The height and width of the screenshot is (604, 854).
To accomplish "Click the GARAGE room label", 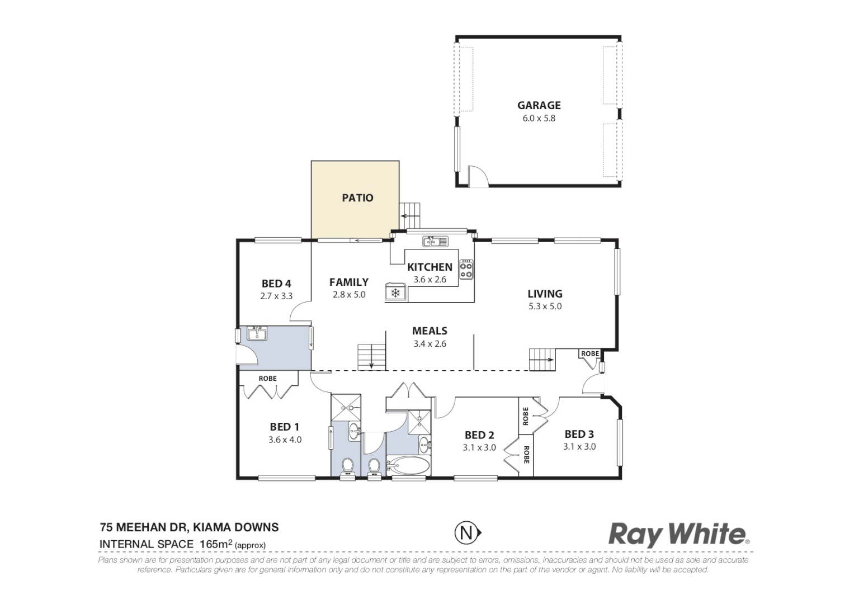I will click(x=539, y=105).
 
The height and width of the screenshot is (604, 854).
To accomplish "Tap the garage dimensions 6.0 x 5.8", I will click(x=539, y=119).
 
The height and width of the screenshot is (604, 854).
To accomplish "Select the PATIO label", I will click(x=357, y=198).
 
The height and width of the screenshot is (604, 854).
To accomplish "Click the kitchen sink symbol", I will click(x=435, y=242).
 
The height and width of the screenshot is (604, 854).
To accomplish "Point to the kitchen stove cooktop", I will click(x=466, y=270).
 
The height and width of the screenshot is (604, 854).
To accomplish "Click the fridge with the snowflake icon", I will click(x=395, y=292).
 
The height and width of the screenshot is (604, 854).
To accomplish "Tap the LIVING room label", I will click(x=545, y=294).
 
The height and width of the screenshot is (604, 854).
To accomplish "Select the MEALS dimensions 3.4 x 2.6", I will click(x=430, y=344).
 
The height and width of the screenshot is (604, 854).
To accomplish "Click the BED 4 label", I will click(x=276, y=284).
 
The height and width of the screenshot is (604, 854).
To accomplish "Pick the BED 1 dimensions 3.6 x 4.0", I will click(x=285, y=440).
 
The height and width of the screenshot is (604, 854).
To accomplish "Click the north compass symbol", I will click(x=466, y=532).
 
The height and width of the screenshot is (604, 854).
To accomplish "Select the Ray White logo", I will click(x=678, y=534).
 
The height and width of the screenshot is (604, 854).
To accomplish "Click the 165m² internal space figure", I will click(x=215, y=544).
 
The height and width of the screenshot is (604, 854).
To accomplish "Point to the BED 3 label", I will click(x=579, y=434).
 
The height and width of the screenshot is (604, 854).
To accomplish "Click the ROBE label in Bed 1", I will click(x=267, y=379).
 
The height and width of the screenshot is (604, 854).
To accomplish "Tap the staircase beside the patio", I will click(x=411, y=216).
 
